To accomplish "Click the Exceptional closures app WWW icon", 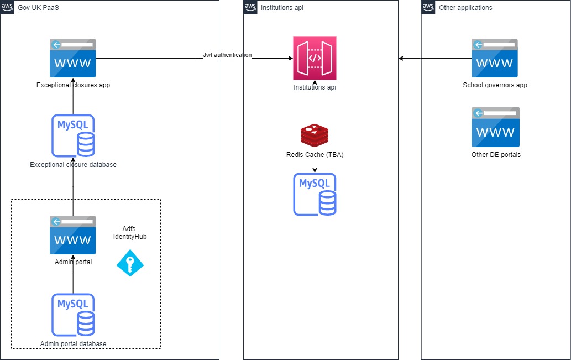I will pyautogui.click(x=72, y=58).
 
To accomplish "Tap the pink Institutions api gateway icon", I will pyautogui.click(x=315, y=59).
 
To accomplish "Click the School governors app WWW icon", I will pyautogui.click(x=495, y=58).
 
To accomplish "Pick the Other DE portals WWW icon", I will pyautogui.click(x=495, y=127).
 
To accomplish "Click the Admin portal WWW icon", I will pyautogui.click(x=72, y=235).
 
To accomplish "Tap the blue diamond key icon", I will pyautogui.click(x=130, y=263).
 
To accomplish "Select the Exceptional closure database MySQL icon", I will pyautogui.click(x=72, y=135).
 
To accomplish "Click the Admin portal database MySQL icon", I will pyautogui.click(x=72, y=315).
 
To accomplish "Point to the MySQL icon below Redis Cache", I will pyautogui.click(x=315, y=194).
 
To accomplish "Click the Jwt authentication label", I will pyautogui.click(x=227, y=55).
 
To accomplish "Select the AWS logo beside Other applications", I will pyautogui.click(x=428, y=7).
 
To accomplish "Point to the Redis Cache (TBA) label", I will pyautogui.click(x=315, y=155).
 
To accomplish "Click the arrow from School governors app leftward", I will pyautogui.click(x=435, y=58).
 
